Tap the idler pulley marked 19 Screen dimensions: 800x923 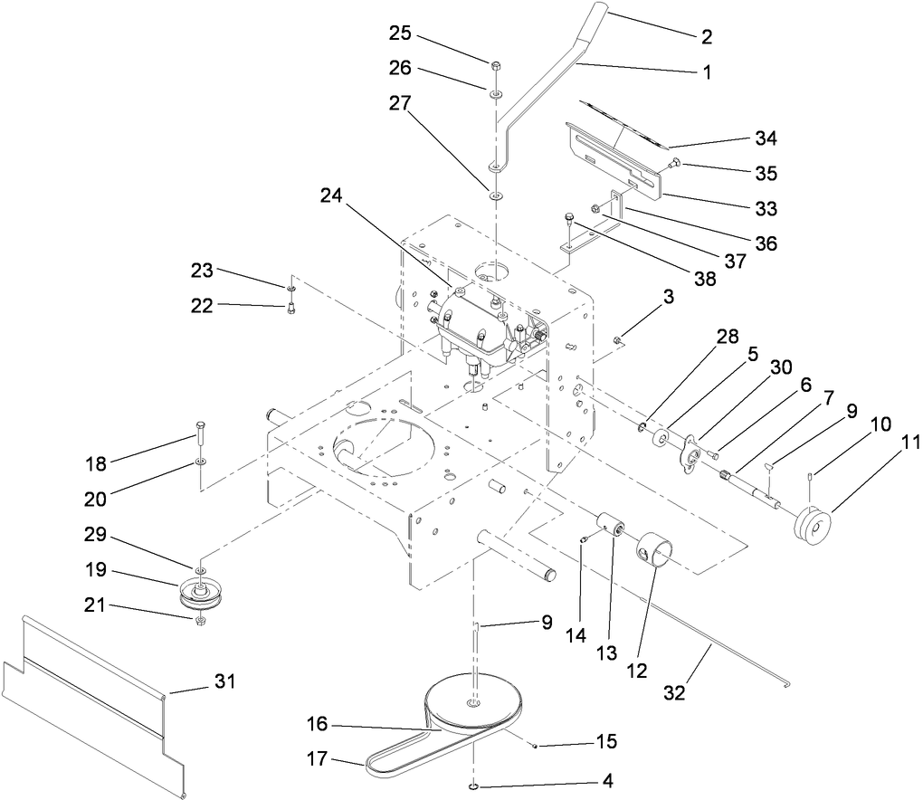(x=201, y=592)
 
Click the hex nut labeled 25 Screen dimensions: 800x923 (x=496, y=66)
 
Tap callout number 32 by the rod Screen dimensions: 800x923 (x=674, y=692)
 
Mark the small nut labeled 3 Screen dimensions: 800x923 (x=616, y=340)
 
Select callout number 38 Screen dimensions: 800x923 (x=700, y=280)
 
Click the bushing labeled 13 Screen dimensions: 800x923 (x=614, y=524)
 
